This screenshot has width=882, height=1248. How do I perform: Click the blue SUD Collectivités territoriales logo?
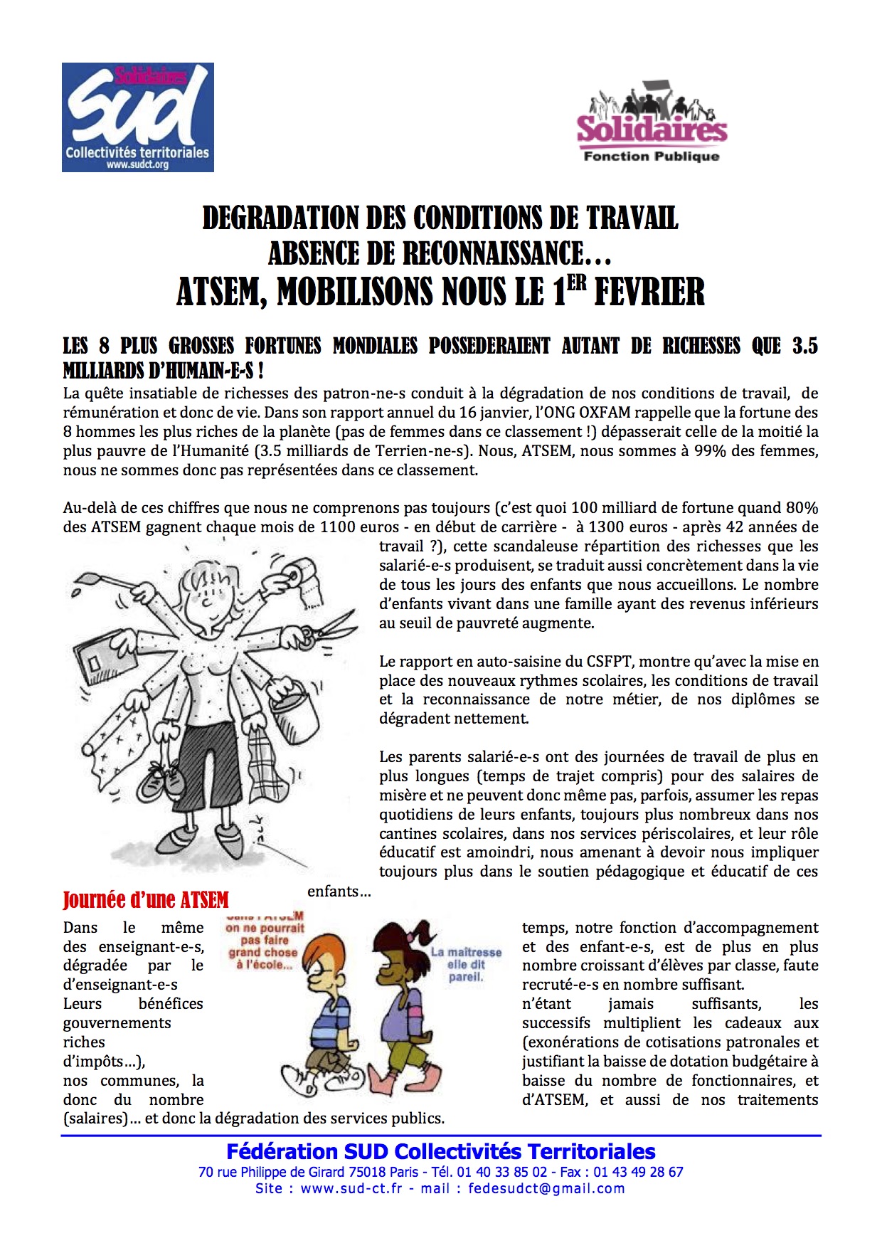click(138, 117)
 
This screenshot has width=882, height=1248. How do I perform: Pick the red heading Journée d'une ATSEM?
click(146, 900)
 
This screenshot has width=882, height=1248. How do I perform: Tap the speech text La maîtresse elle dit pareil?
click(466, 964)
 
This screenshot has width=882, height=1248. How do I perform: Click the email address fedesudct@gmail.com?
click(546, 1188)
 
